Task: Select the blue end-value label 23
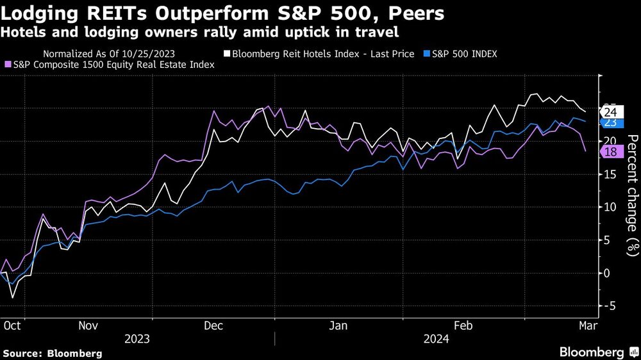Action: [x=610, y=122]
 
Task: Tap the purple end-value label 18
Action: [x=610, y=152]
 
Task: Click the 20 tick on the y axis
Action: [x=610, y=141]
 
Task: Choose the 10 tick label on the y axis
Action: [x=610, y=207]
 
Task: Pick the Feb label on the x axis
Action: [x=463, y=325]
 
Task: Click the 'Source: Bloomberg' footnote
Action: [x=52, y=353]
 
